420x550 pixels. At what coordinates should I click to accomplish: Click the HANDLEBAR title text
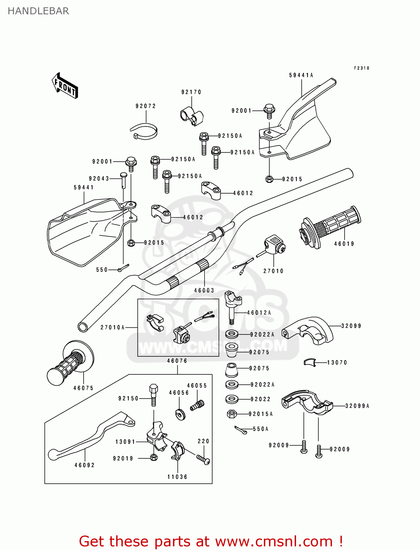[38, 11]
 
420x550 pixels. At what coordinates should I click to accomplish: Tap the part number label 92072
[145, 106]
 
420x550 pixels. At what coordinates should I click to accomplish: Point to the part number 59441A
[301, 75]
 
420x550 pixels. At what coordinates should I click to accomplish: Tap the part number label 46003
[204, 290]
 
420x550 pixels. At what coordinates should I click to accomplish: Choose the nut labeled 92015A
[232, 414]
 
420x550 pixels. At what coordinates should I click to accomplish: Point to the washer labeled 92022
[232, 399]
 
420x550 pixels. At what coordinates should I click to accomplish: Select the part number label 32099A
[357, 406]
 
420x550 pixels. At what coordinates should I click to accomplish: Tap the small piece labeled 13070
[310, 362]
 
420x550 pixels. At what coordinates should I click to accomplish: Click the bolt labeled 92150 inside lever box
[154, 395]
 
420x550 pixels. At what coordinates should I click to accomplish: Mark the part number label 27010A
[113, 327]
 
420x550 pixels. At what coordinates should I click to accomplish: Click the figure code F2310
[361, 68]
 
